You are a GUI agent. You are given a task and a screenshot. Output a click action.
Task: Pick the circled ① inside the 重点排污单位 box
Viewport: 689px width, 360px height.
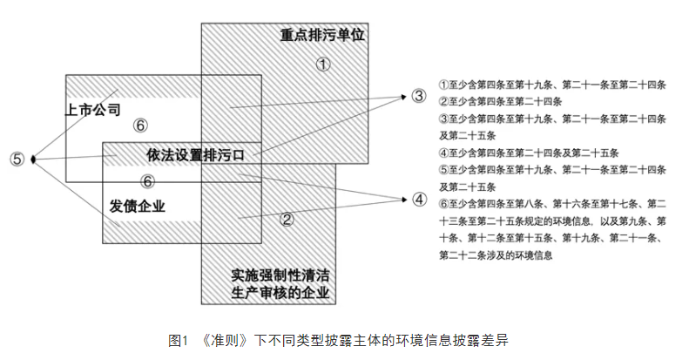point(323,65)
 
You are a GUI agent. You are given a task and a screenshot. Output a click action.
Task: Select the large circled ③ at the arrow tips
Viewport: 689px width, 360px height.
point(419,96)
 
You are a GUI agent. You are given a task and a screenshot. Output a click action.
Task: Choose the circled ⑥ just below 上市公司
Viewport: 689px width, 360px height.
point(141,126)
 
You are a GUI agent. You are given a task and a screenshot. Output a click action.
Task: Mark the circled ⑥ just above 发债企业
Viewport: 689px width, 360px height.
point(148,181)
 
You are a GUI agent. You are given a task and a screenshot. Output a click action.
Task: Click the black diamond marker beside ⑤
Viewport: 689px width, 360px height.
point(33,159)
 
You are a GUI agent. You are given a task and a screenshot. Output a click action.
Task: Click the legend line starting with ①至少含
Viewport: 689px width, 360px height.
point(552,85)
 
